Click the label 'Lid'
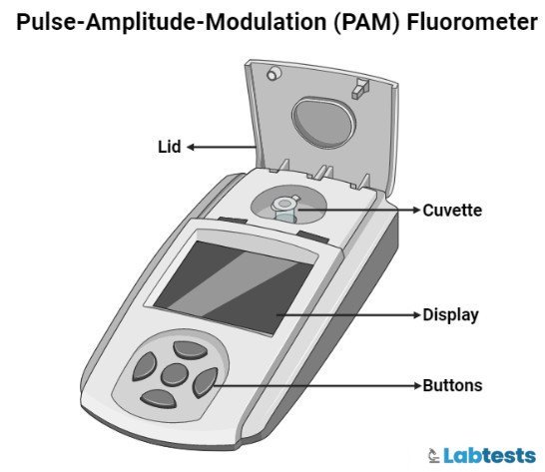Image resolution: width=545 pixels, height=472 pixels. point(170,147)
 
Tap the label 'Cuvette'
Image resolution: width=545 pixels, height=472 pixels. point(452,211)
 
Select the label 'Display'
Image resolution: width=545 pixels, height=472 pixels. point(450,314)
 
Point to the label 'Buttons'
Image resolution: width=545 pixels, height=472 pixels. point(452,385)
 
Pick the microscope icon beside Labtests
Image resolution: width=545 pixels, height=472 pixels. point(434,455)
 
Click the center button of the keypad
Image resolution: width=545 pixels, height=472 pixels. point(176,375)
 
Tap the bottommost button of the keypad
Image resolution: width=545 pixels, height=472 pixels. point(160,399)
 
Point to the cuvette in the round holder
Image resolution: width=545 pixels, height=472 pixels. point(285,208)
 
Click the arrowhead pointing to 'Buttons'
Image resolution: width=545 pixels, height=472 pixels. point(416,385)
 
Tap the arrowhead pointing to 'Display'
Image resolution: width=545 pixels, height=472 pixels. point(416,314)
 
